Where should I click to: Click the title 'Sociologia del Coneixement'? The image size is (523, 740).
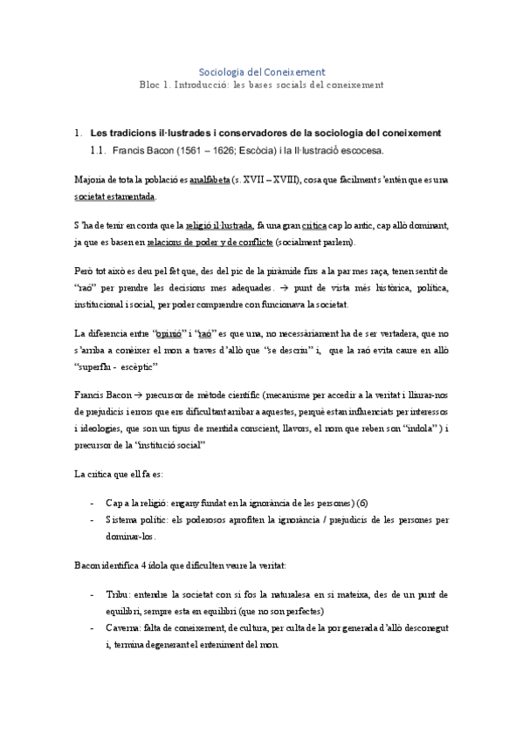tap(262, 72)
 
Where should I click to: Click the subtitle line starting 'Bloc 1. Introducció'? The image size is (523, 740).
tap(262, 85)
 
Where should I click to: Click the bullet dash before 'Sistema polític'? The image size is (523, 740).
tap(93, 520)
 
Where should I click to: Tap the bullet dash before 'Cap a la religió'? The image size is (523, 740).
tap(93, 504)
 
